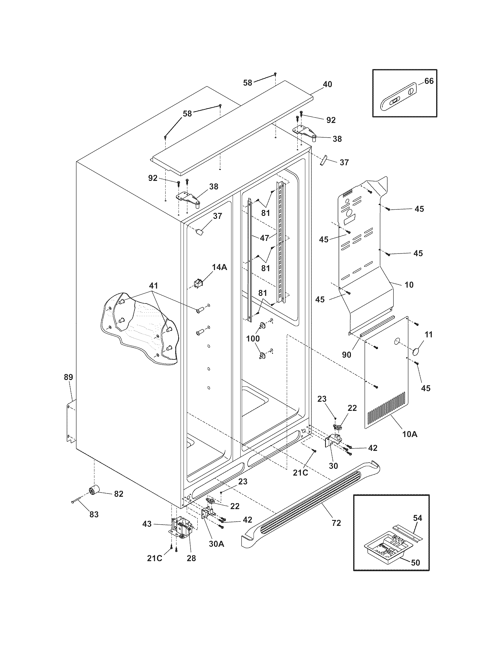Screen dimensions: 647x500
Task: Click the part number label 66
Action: (429, 81)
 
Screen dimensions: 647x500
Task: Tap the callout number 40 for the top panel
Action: (327, 84)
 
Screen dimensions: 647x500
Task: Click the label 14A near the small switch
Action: (219, 267)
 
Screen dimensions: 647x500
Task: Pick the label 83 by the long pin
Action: (94, 515)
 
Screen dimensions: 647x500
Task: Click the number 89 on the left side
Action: (68, 377)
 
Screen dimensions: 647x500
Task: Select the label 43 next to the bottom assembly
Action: (147, 524)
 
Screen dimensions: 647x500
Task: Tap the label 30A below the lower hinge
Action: (217, 544)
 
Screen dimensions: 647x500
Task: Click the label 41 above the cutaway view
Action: (153, 286)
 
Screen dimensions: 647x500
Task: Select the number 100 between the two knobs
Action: (253, 338)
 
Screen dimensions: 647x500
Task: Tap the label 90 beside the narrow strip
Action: (346, 354)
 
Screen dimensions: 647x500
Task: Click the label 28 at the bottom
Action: (191, 558)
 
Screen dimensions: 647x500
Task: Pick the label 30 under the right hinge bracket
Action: (333, 466)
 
